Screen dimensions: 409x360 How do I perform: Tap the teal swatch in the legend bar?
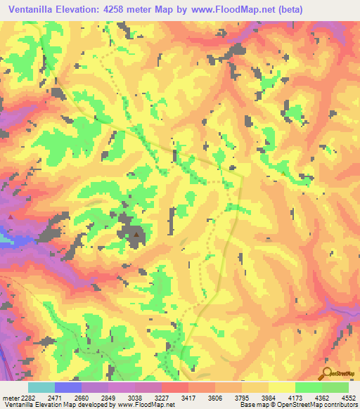pyautogui.click(x=41, y=387)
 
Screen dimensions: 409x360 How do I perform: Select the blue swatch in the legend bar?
pyautogui.click(x=68, y=387)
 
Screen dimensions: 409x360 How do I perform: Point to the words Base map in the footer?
pyautogui.click(x=251, y=404)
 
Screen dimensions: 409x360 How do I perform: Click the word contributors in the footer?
pyautogui.click(x=340, y=404)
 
